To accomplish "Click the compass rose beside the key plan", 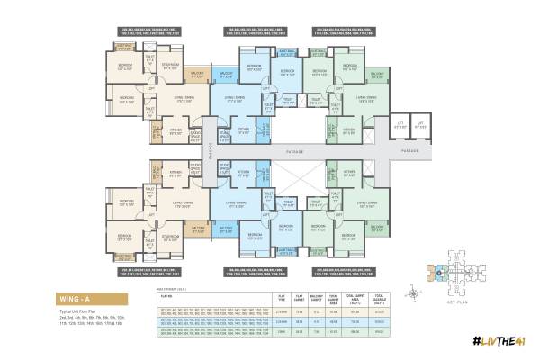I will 413,289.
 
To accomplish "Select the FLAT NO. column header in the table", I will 166,292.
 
